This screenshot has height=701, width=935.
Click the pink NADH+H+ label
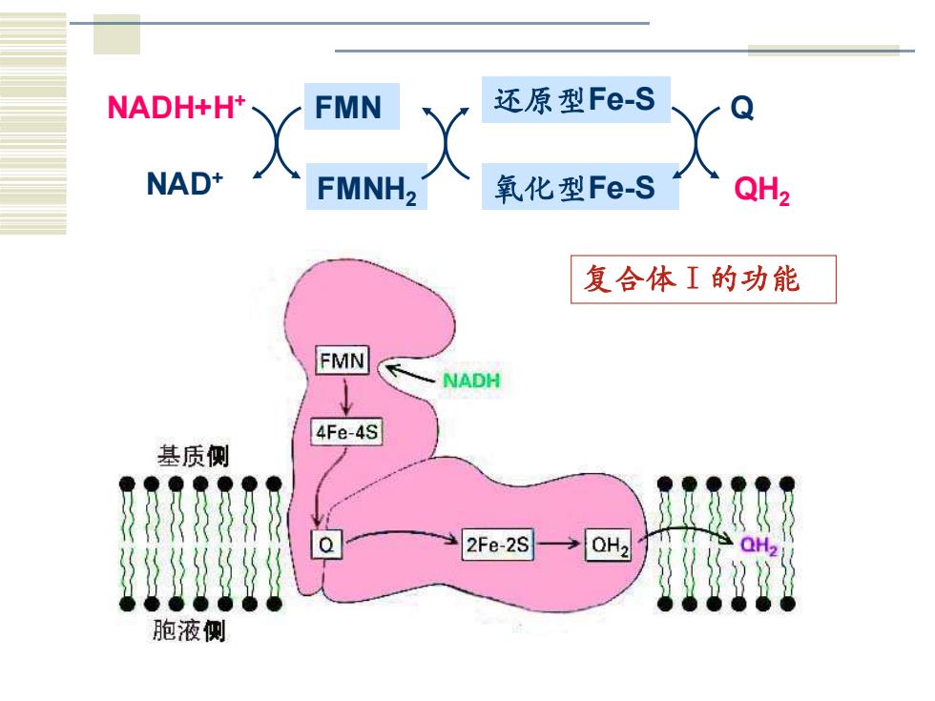[176, 107]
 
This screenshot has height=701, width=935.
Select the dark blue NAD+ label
[184, 183]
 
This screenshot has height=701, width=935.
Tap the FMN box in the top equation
[352, 107]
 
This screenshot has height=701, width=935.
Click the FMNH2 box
[366, 187]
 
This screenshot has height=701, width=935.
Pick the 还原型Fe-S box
[576, 99]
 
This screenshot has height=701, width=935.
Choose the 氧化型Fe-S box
[580, 187]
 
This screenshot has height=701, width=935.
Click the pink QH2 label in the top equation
[762, 190]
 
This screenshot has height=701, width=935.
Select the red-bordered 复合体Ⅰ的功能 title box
[704, 279]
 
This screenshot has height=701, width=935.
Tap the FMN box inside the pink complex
[343, 361]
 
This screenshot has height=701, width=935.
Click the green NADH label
[471, 381]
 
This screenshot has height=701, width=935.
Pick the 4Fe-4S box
[346, 431]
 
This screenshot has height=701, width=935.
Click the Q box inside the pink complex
[326, 545]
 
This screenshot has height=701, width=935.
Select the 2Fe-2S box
[497, 545]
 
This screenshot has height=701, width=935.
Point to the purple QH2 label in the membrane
[758, 546]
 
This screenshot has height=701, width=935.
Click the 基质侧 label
[193, 456]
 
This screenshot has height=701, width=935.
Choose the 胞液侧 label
[189, 630]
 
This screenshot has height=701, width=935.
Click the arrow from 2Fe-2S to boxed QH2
[557, 544]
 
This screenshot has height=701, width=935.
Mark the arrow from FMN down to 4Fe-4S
[345, 397]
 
